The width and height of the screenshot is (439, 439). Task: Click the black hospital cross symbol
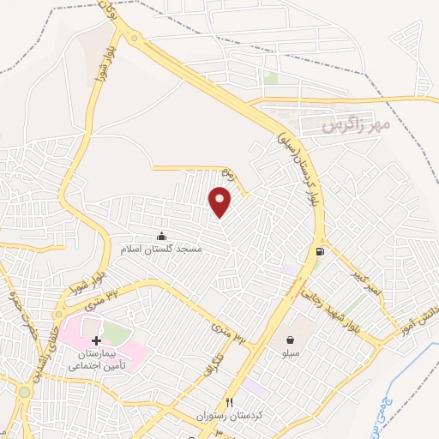click(x=96, y=340)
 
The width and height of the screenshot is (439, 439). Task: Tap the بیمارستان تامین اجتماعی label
click(x=97, y=358)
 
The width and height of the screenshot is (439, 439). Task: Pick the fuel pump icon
click(x=321, y=251)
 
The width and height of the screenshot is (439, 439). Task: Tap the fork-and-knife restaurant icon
click(x=229, y=402)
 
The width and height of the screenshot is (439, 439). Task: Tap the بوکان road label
click(x=107, y=11)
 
